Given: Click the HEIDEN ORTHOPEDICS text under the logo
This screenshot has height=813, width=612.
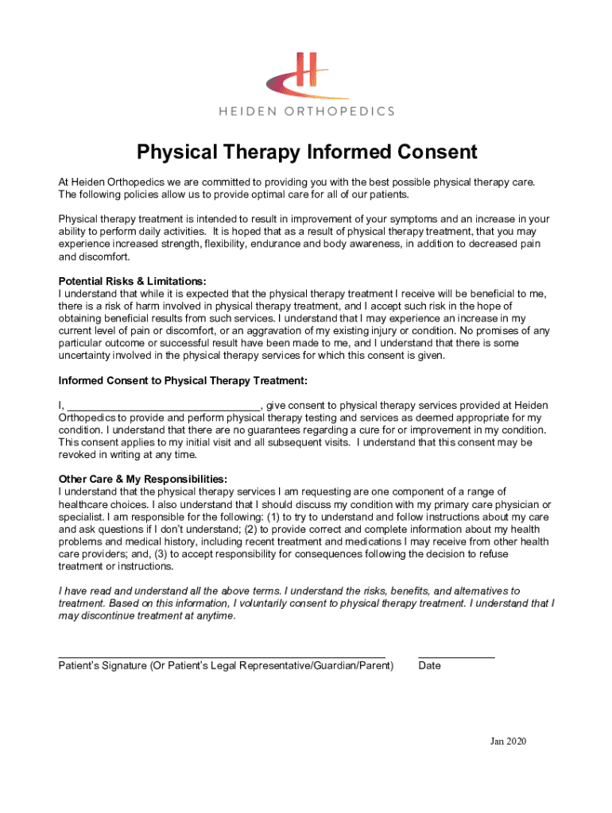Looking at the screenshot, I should pos(306,111).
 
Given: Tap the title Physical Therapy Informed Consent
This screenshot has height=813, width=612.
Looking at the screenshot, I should pos(306,152).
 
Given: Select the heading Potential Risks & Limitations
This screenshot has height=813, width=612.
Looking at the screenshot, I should pos(133,281).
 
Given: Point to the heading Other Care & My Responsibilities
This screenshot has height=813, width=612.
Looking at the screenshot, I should pos(143,479).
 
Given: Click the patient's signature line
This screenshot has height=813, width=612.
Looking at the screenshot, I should pos(223,657).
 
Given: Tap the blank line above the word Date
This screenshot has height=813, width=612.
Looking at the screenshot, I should pos(456,657).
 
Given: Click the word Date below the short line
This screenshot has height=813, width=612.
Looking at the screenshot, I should pos(429,666).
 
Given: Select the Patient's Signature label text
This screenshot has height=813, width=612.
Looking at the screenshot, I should pos(226,666).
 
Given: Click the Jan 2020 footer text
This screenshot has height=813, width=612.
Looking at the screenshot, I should pos(508,742).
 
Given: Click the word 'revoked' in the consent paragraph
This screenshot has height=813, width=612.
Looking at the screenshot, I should pos(79,455).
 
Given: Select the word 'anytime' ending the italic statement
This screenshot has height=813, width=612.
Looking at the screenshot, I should pos(215,616).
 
